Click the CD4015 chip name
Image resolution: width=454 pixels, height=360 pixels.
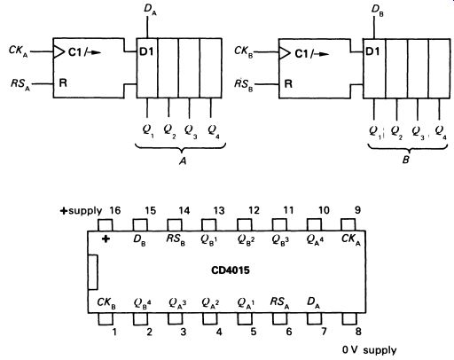(x=231, y=270)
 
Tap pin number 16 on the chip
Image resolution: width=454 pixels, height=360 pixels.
(x=115, y=210)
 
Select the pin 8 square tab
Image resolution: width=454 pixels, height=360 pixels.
(x=349, y=318)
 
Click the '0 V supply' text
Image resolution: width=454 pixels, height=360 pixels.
(x=369, y=350)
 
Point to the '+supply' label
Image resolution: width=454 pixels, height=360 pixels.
(x=81, y=211)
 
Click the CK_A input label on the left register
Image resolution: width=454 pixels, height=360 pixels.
(x=19, y=51)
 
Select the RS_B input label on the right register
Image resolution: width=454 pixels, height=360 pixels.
(x=244, y=85)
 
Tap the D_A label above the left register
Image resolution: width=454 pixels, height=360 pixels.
(x=150, y=10)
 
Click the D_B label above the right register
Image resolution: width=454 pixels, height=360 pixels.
(x=378, y=11)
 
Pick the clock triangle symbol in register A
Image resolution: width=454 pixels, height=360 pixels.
(x=59, y=52)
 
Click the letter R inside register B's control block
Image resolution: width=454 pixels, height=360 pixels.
(x=288, y=84)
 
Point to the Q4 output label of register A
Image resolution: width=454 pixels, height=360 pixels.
(x=214, y=131)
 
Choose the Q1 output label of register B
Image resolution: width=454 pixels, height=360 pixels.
(x=375, y=132)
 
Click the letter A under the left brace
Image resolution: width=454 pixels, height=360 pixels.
(x=183, y=160)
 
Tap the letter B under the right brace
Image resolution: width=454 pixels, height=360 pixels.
(x=406, y=160)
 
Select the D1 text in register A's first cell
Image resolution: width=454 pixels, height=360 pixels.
(x=146, y=52)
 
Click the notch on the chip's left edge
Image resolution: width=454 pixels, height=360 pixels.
(x=93, y=272)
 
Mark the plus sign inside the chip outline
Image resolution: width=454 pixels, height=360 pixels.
(x=106, y=239)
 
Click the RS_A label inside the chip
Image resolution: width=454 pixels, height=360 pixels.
(x=279, y=303)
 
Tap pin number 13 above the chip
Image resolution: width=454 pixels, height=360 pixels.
(x=219, y=210)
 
